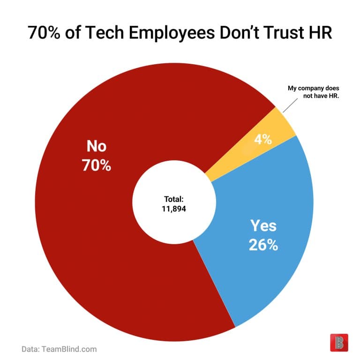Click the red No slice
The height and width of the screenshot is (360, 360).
click(x=94, y=244)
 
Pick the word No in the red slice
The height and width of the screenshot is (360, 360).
click(x=96, y=146)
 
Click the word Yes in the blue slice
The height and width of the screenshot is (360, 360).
click(x=263, y=226)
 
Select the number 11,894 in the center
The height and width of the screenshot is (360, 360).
click(x=173, y=209)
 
